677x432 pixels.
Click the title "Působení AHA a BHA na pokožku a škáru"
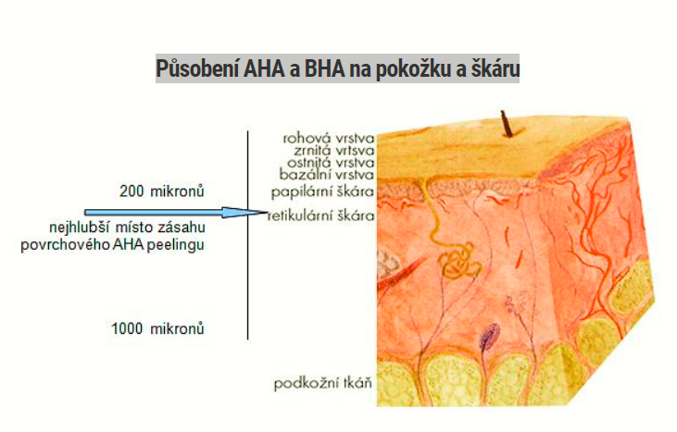coord(337,69)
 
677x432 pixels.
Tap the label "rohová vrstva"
coord(328,139)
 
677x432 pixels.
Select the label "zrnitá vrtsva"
coord(333,151)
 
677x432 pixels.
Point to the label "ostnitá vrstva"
coord(331,163)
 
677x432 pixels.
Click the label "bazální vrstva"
coord(326,175)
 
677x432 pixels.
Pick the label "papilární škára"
coord(322,191)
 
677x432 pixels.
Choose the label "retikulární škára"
coord(320,216)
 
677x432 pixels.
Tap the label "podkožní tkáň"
coord(323,383)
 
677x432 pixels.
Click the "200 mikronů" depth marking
coord(161,191)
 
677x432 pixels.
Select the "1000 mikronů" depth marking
coord(157,328)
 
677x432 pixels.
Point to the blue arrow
coord(176,212)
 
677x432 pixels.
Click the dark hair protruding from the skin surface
coord(507,124)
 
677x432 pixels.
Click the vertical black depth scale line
coord(248,235)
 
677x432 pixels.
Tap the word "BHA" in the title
coord(325,69)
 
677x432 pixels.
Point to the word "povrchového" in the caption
coord(65,245)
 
